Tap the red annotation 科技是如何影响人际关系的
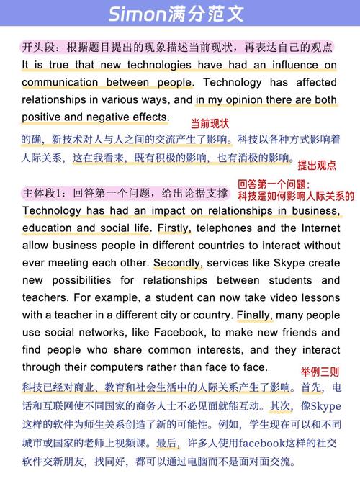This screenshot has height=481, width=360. tap(296, 196)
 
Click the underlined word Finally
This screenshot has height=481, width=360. tap(255, 315)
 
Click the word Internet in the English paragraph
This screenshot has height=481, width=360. tap(318, 228)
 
